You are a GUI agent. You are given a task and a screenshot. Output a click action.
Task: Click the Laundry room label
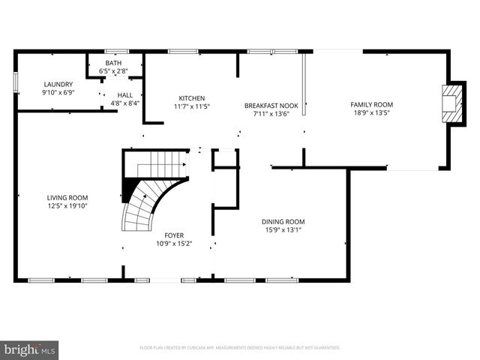click(x=57, y=84)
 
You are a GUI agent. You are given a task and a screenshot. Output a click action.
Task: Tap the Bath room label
click(x=114, y=63)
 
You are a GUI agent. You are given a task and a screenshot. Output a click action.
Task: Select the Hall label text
click(x=124, y=94)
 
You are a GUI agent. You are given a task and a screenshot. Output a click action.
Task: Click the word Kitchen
click(x=191, y=98)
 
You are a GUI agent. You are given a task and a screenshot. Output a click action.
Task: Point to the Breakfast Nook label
click(x=271, y=106)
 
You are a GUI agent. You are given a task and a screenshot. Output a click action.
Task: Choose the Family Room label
click(x=371, y=104)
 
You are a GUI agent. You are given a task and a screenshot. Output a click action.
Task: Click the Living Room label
click(x=67, y=197)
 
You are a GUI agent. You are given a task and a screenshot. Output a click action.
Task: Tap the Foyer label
click(x=174, y=235)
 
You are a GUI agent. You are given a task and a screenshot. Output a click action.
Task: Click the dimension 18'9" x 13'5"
click(x=371, y=113)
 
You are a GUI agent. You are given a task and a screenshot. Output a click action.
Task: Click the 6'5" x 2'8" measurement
click(x=114, y=71)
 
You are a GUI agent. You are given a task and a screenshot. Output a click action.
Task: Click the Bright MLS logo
click(x=30, y=349)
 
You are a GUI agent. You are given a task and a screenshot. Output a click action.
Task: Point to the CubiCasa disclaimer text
click(x=239, y=348)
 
